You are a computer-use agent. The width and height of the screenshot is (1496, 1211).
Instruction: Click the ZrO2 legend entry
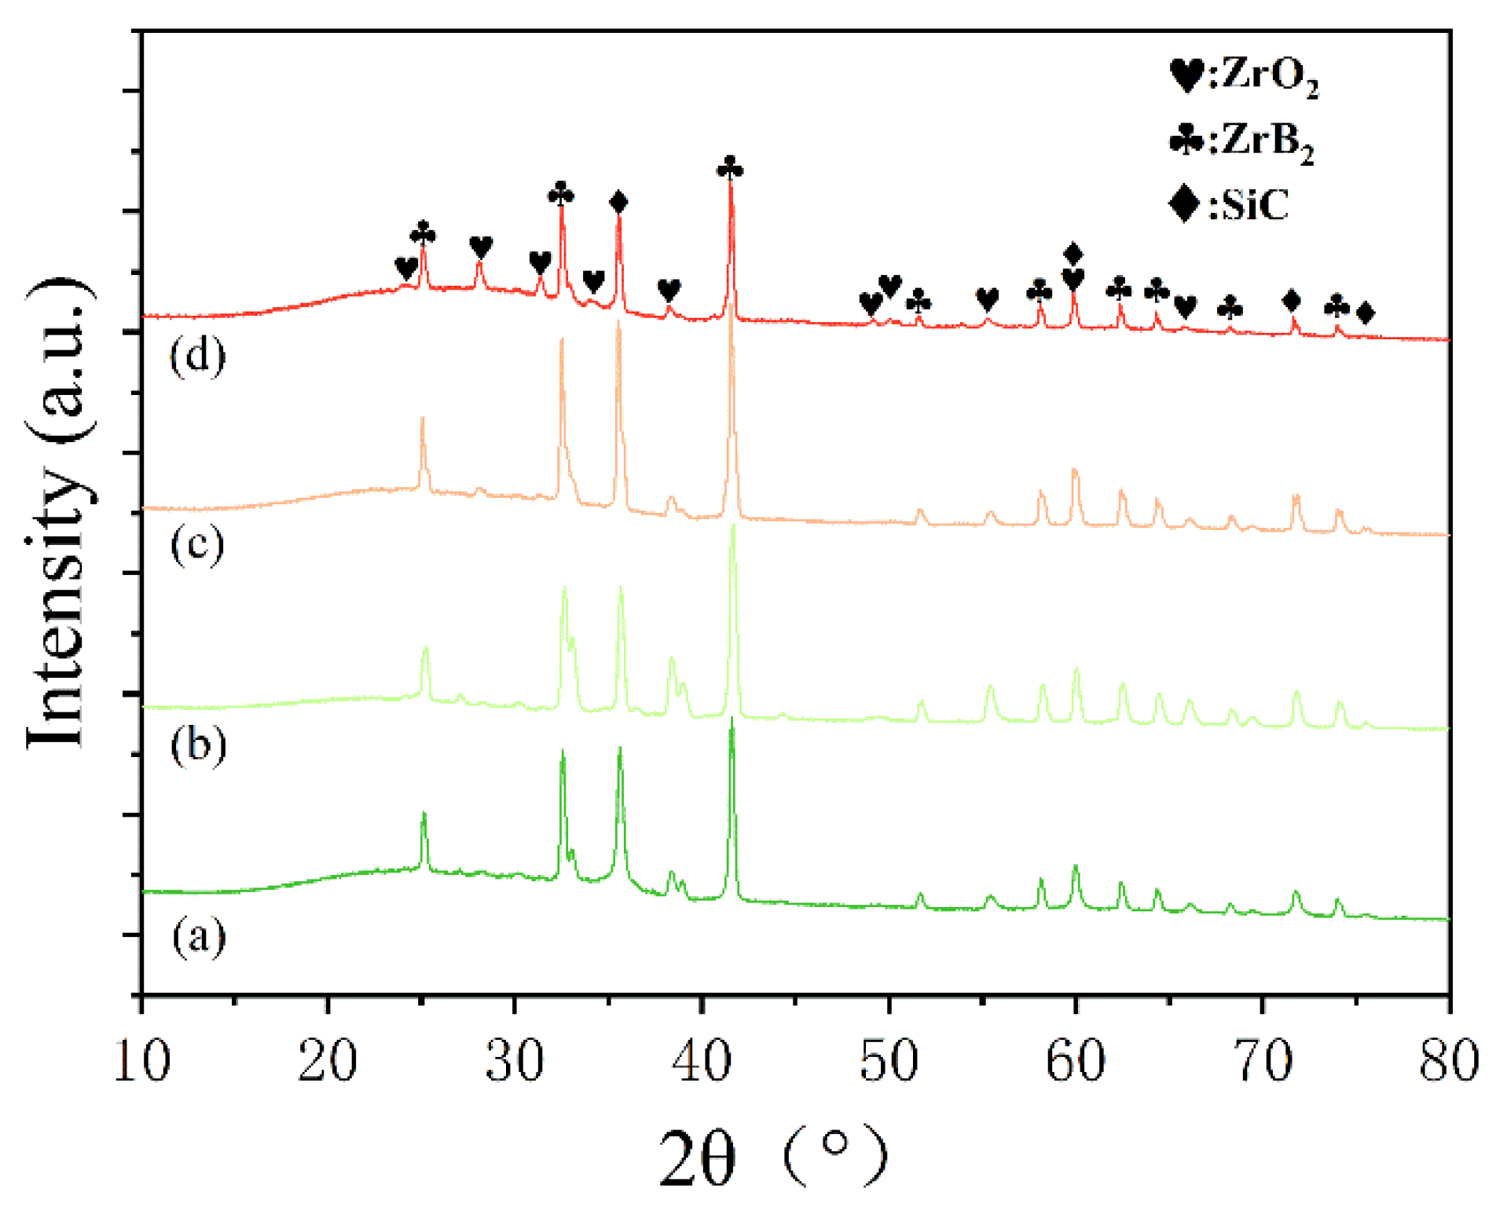[1244, 76]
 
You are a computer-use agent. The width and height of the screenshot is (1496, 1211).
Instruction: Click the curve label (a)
[199, 936]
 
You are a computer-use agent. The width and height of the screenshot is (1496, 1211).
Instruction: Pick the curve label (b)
[199, 744]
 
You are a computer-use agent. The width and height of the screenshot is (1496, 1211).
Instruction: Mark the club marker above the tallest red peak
[730, 167]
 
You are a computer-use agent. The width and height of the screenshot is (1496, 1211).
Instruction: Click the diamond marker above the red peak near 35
[618, 202]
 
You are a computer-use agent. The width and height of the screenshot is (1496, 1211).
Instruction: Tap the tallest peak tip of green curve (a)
[732, 719]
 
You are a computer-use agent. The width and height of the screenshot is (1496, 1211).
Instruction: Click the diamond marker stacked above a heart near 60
[1073, 254]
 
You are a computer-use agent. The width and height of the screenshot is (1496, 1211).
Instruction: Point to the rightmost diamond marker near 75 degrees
[1366, 313]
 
